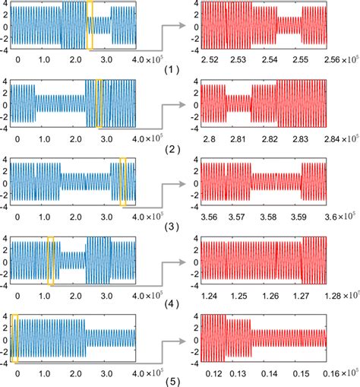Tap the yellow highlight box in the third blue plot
124,181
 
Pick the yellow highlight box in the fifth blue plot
14,338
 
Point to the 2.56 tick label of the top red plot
327,58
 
